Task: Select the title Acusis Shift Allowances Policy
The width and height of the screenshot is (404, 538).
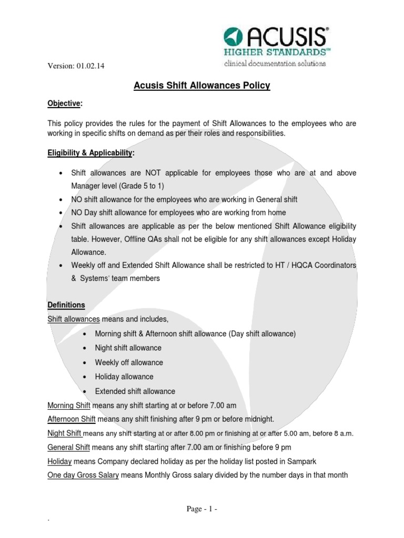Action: pyautogui.click(x=202, y=85)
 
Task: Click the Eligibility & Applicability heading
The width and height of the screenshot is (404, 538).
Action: pyautogui.click(x=90, y=152)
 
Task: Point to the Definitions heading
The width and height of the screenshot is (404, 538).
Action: pyautogui.click(x=66, y=305)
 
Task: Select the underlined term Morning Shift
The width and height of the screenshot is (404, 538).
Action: pyautogui.click(x=69, y=405)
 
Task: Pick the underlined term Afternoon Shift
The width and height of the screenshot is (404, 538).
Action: pyautogui.click(x=71, y=419)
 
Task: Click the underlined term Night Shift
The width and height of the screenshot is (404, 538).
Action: pyautogui.click(x=65, y=433)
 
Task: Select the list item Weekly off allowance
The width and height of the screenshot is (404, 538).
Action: pyautogui.click(x=129, y=363)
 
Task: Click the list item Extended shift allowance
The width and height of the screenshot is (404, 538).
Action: pyautogui.click(x=135, y=391)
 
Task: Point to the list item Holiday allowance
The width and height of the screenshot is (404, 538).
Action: pyautogui.click(x=124, y=377)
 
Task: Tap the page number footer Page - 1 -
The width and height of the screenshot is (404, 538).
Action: pyautogui.click(x=201, y=509)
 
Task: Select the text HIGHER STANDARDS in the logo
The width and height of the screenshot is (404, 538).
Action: pyautogui.click(x=274, y=53)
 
